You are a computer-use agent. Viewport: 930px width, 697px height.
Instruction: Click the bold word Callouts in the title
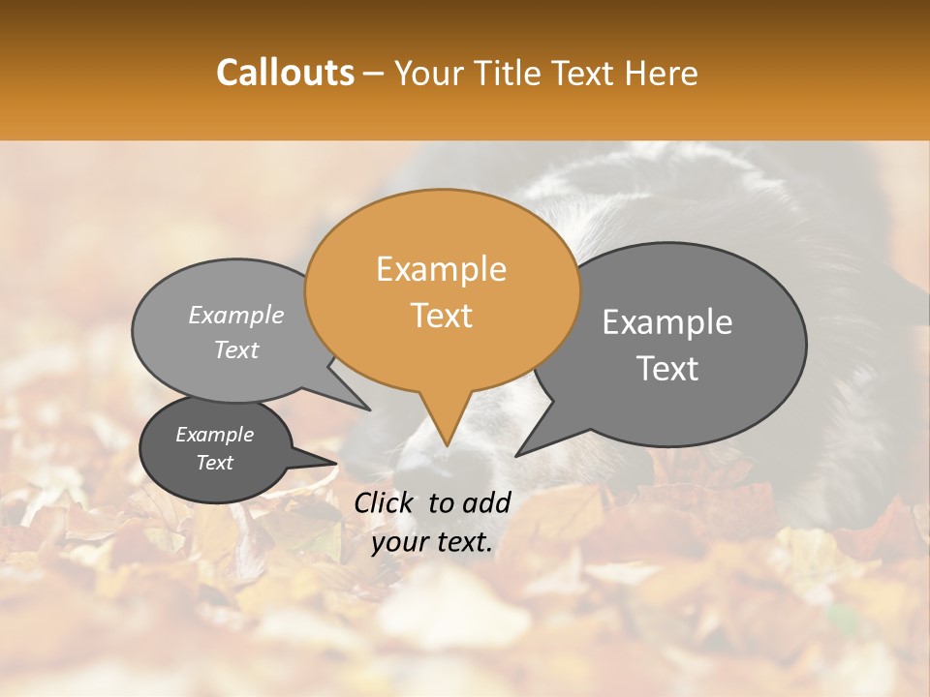click(x=285, y=73)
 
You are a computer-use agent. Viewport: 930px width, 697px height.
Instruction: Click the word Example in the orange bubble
click(x=441, y=269)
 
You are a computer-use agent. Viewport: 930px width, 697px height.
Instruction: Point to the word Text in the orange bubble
click(x=441, y=316)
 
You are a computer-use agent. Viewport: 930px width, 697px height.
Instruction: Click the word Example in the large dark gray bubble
click(x=667, y=322)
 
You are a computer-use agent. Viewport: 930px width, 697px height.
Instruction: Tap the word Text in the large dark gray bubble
click(x=667, y=369)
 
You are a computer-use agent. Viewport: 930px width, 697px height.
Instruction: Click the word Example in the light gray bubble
click(x=236, y=315)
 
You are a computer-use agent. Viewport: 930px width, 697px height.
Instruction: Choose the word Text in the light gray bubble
click(x=236, y=349)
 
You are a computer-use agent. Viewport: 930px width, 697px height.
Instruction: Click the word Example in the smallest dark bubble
click(x=214, y=435)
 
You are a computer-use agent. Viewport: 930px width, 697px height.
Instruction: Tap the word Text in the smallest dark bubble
click(x=214, y=463)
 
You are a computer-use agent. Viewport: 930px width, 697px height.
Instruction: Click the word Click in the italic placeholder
click(x=386, y=502)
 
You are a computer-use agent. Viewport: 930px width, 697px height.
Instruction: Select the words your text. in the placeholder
click(x=432, y=542)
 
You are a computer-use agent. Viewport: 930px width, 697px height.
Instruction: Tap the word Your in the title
click(x=422, y=73)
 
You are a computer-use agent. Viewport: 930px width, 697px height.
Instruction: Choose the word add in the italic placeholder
click(x=487, y=502)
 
